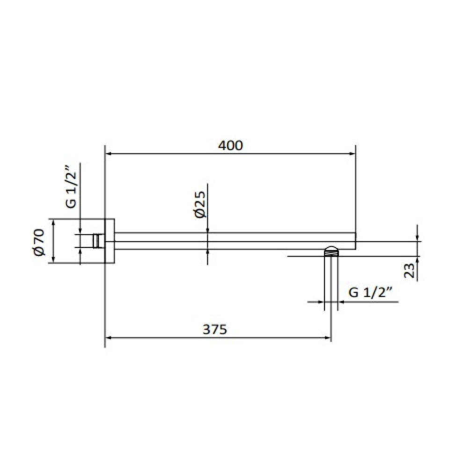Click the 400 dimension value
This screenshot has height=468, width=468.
pyautogui.click(x=231, y=146)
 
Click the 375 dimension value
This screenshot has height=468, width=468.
pyautogui.click(x=215, y=329)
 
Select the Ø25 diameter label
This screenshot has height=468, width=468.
pyautogui.click(x=199, y=205)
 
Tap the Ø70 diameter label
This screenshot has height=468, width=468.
pyautogui.click(x=39, y=242)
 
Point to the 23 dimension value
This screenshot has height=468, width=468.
pyautogui.click(x=409, y=271)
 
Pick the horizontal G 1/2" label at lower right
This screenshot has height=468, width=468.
pyautogui.click(x=370, y=292)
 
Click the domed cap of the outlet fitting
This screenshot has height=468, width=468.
pyautogui.click(x=332, y=249)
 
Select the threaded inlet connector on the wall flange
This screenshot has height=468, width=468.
pyautogui.click(x=98, y=241)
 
